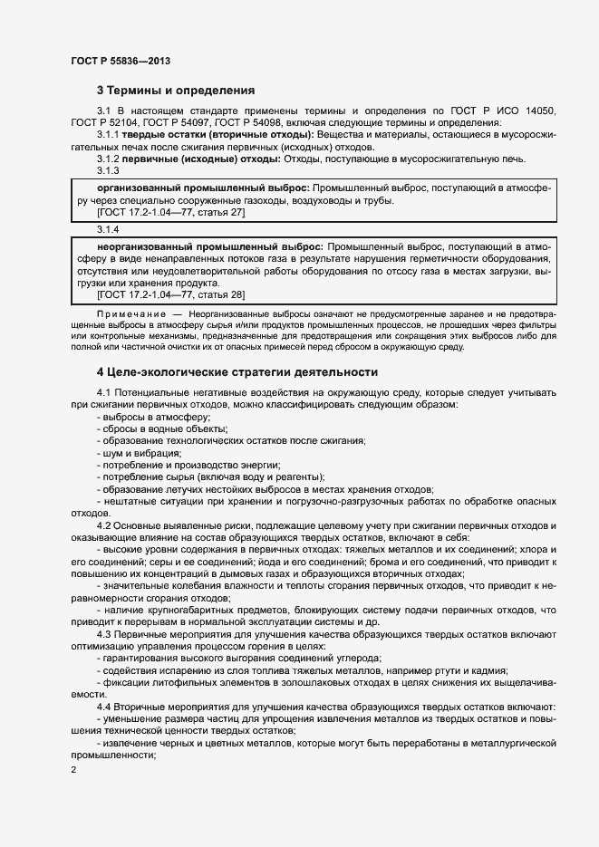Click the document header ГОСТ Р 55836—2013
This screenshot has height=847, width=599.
(x=120, y=61)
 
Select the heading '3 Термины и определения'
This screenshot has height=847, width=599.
(x=175, y=91)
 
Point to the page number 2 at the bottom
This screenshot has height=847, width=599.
(x=73, y=769)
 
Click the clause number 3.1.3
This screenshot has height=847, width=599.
(x=108, y=170)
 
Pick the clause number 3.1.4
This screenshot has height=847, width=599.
(x=108, y=229)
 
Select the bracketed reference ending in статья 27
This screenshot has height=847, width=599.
(x=170, y=212)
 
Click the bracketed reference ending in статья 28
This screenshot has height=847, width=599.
(x=170, y=294)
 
